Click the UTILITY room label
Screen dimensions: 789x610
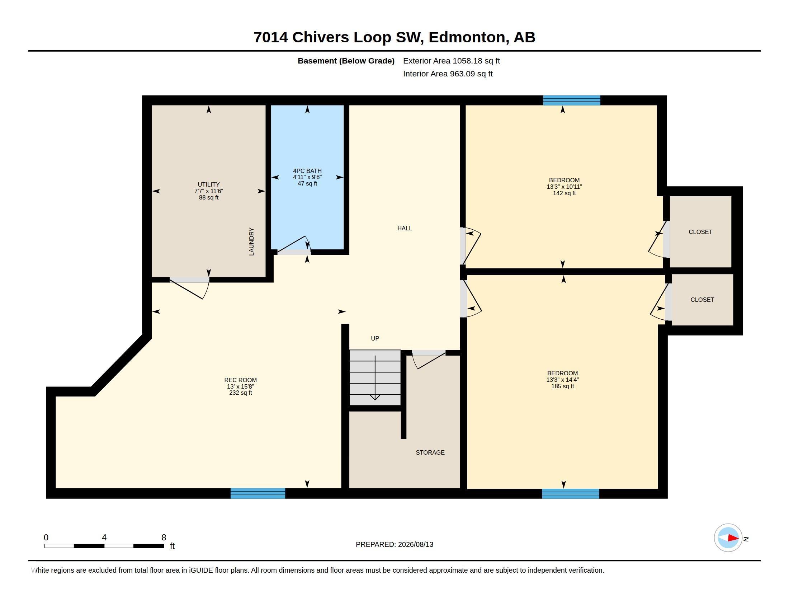pos(208,184)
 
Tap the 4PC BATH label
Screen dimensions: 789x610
pos(307,171)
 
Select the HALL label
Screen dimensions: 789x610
pos(405,228)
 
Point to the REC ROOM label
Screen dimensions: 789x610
pos(240,380)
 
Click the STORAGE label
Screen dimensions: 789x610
pos(430,452)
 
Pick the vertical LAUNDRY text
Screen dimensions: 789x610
pos(251,242)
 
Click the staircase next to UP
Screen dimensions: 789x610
pos(375,377)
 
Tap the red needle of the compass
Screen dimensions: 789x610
pos(733,538)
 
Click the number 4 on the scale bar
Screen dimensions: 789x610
pos(104,538)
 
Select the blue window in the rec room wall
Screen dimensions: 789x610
pos(258,493)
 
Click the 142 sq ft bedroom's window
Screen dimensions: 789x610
pos(572,100)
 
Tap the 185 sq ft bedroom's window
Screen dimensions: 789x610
pos(571,494)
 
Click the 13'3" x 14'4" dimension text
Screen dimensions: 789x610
pos(562,380)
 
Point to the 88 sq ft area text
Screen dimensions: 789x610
pos(208,198)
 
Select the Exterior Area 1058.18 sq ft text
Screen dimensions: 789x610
pos(451,61)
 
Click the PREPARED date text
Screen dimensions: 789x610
pos(394,544)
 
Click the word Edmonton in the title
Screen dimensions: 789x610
pos(467,37)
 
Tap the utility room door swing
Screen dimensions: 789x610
pos(190,288)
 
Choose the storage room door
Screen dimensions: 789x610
pos(429,360)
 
